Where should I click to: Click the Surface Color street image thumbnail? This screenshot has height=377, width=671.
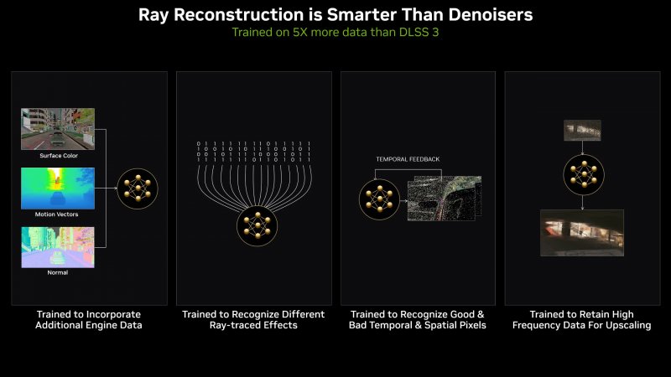(57, 128)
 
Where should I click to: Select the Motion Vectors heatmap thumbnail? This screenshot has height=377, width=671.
(57, 188)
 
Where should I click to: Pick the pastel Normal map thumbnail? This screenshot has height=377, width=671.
(57, 247)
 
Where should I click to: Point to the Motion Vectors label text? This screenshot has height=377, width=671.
(57, 214)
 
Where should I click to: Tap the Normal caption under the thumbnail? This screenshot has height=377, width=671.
(57, 273)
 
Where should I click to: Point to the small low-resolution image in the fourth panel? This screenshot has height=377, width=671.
(582, 130)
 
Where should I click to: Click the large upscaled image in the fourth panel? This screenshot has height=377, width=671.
(582, 233)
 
